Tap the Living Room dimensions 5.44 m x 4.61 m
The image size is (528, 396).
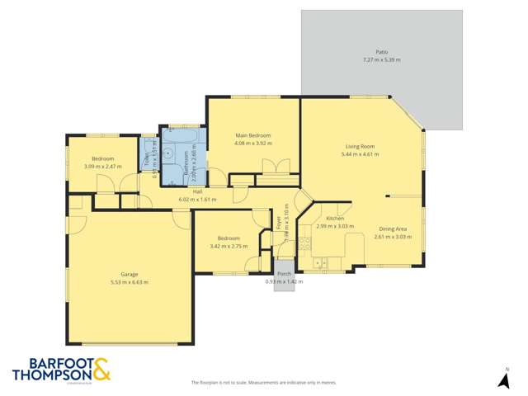pyautogui.click(x=361, y=154)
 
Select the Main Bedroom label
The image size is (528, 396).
pyautogui.click(x=252, y=135)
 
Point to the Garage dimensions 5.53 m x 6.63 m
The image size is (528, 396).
pyautogui.click(x=129, y=282)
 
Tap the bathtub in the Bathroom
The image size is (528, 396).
pyautogui.click(x=181, y=135)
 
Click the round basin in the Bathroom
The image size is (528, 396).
pyautogui.click(x=167, y=153)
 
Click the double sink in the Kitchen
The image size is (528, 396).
pyautogui.click(x=321, y=264)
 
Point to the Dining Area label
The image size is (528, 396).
pyautogui.click(x=392, y=229)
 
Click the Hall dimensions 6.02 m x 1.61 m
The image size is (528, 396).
pyautogui.click(x=197, y=199)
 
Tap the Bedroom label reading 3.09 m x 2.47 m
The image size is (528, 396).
pyautogui.click(x=102, y=166)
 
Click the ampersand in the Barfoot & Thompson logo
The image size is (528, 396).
pyautogui.click(x=101, y=369)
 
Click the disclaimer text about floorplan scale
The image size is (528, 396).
pyautogui.click(x=263, y=382)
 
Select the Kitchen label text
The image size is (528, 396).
pyautogui.click(x=334, y=219)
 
